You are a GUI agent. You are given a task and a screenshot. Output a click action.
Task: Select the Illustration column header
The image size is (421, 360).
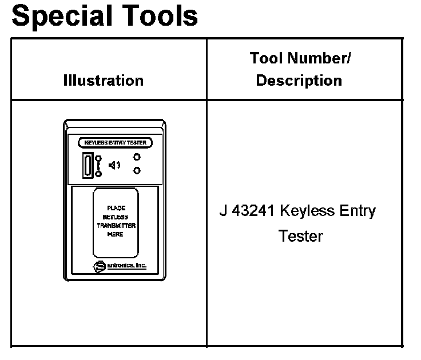(x=103, y=81)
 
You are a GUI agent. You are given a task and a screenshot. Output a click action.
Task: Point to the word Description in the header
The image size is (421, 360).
(x=299, y=81)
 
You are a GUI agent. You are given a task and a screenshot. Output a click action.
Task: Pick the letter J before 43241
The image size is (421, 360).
(x=223, y=211)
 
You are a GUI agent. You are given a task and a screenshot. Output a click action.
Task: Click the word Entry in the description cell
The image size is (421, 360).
(x=358, y=211)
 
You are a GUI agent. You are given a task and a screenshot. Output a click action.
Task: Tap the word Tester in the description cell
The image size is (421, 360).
(x=301, y=235)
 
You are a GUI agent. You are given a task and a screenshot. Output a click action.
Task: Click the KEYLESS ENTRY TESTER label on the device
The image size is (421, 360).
(x=115, y=142)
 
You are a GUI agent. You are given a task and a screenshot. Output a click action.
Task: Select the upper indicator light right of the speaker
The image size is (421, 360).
(x=137, y=157)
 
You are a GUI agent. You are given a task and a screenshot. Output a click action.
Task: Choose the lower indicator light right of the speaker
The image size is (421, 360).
(x=137, y=170)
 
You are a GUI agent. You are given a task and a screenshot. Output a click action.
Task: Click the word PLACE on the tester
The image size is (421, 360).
(x=116, y=209)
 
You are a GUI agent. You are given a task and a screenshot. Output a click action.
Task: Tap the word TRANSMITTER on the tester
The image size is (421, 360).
(x=116, y=226)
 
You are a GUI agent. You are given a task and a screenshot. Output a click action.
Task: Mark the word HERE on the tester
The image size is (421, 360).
(x=116, y=234)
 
